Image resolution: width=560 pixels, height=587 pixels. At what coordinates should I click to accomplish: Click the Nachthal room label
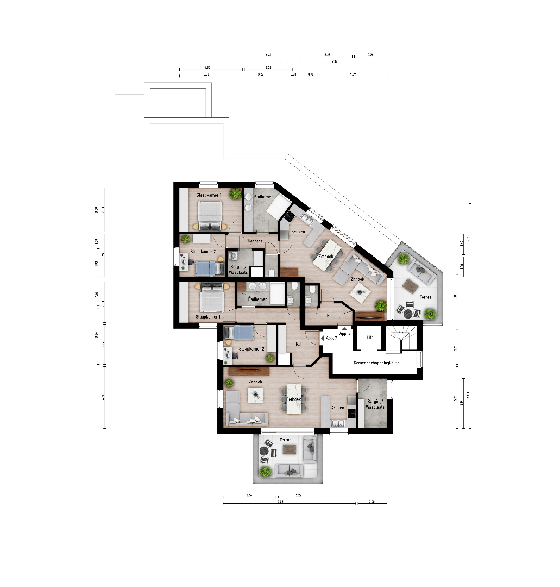(256, 241)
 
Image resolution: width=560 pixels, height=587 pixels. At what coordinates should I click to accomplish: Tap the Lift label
(370, 338)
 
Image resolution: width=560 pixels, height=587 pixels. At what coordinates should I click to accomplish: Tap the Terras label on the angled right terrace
(426, 297)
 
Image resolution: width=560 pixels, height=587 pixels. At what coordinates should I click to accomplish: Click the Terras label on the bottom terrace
(285, 440)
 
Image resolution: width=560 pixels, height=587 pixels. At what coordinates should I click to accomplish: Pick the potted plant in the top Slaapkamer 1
(235, 193)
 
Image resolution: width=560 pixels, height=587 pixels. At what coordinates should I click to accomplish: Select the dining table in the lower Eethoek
(294, 399)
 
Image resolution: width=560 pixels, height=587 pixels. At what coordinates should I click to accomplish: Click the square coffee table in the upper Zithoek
(358, 293)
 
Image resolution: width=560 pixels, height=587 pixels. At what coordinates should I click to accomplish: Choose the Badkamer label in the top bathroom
(263, 197)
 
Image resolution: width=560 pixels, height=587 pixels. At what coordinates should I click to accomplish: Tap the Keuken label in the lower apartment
(338, 408)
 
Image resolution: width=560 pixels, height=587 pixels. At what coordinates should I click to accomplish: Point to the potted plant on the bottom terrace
(265, 472)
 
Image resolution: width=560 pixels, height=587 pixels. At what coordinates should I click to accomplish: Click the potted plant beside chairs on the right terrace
(430, 313)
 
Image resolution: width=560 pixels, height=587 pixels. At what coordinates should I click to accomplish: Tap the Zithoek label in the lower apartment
(255, 382)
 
